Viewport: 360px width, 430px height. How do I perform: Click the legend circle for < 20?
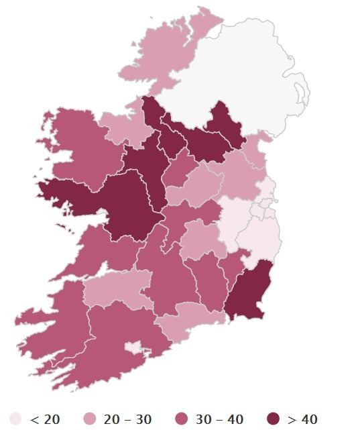coord(15,419)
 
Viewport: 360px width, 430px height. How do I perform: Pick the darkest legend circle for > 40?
coord(274,419)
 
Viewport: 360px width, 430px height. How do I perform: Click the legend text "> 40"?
coord(302,419)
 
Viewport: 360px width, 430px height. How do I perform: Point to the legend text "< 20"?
coord(45,419)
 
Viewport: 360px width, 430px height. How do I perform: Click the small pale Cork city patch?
coord(133,347)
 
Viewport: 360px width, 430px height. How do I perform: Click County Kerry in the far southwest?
coord(50,322)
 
